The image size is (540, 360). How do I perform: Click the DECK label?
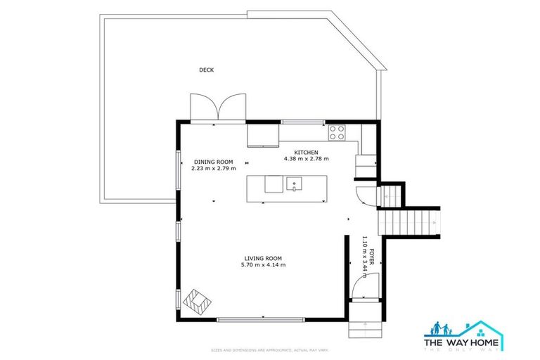[x=206, y=70]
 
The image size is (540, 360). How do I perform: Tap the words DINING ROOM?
[x=213, y=162]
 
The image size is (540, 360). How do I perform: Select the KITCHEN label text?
[x=306, y=153]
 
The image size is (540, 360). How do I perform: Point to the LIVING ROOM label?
[x=264, y=258]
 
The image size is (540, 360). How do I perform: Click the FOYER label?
[x=373, y=254]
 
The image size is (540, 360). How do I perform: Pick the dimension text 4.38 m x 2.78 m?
[x=306, y=160]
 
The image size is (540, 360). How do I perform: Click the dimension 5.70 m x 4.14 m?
[x=264, y=265]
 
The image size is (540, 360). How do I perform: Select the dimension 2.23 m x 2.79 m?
[x=213, y=169]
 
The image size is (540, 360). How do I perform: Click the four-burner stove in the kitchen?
[x=337, y=131]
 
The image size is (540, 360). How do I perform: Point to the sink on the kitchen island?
[x=295, y=184]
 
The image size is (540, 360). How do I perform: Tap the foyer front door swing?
[x=366, y=285]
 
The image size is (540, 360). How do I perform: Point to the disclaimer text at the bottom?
[x=270, y=349]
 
